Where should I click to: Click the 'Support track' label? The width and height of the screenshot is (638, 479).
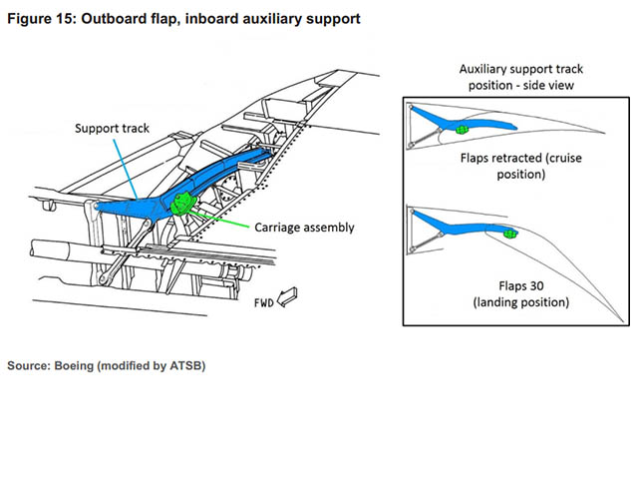[x=113, y=129]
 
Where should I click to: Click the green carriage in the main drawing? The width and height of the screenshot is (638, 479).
[x=183, y=204]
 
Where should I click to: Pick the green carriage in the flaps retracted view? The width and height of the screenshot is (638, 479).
[x=462, y=128]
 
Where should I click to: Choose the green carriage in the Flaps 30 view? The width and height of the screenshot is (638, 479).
[x=510, y=234]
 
